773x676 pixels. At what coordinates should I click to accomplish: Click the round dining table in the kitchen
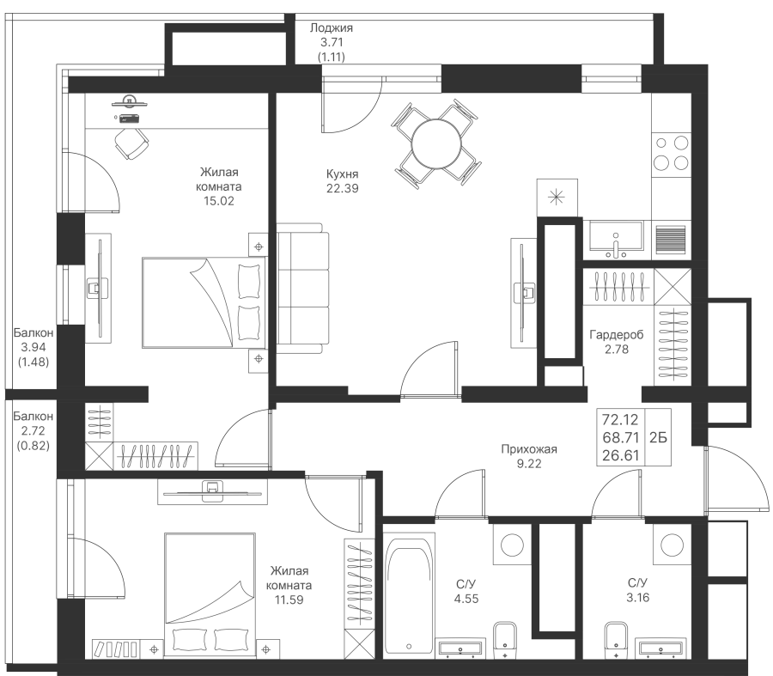[x=436, y=144]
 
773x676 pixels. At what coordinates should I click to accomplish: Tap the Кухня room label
[x=342, y=174]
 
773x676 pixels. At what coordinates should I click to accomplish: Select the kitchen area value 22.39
[x=342, y=188]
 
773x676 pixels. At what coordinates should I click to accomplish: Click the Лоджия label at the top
[x=332, y=28]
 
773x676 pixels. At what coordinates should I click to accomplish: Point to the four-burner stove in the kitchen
[x=671, y=153]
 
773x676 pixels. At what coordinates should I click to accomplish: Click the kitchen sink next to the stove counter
[x=616, y=239]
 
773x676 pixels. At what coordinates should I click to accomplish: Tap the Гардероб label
[x=616, y=335]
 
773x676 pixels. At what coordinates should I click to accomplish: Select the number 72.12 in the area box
[x=620, y=420]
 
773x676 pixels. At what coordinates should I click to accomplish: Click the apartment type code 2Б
[x=658, y=437]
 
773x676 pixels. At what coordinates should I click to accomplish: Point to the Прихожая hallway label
[x=529, y=449]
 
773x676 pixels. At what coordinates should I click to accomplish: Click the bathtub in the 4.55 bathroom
[x=409, y=597]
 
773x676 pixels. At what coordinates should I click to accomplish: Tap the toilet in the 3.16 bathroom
[x=616, y=639]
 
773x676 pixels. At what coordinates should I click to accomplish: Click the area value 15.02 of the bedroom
[x=218, y=201]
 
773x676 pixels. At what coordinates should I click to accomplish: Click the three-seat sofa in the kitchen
[x=302, y=288]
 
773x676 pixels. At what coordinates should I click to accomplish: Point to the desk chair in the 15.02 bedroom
[x=131, y=143]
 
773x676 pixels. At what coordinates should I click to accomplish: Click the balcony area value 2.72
[x=33, y=431]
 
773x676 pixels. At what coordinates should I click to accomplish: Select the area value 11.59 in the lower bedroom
[x=289, y=600]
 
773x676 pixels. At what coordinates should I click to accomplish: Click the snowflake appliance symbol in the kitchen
[x=557, y=198]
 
